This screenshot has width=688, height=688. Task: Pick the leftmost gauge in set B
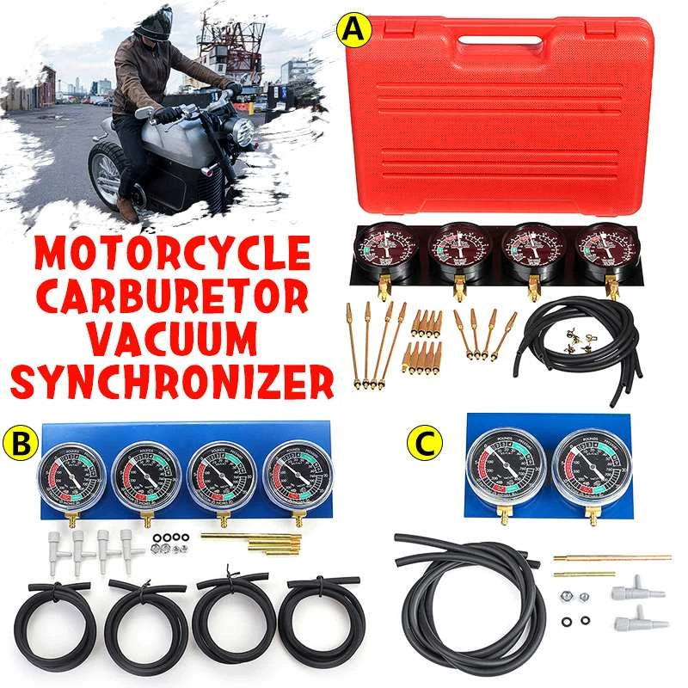pos(71,476)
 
